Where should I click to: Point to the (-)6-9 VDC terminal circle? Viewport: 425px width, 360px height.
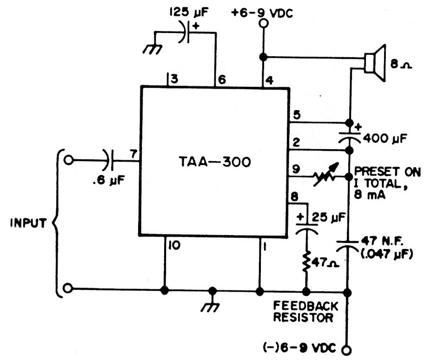point(347,349)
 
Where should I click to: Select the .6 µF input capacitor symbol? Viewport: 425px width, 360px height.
point(110,161)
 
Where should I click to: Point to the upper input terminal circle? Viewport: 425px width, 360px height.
point(69,161)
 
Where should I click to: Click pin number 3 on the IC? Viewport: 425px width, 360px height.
point(174,80)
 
